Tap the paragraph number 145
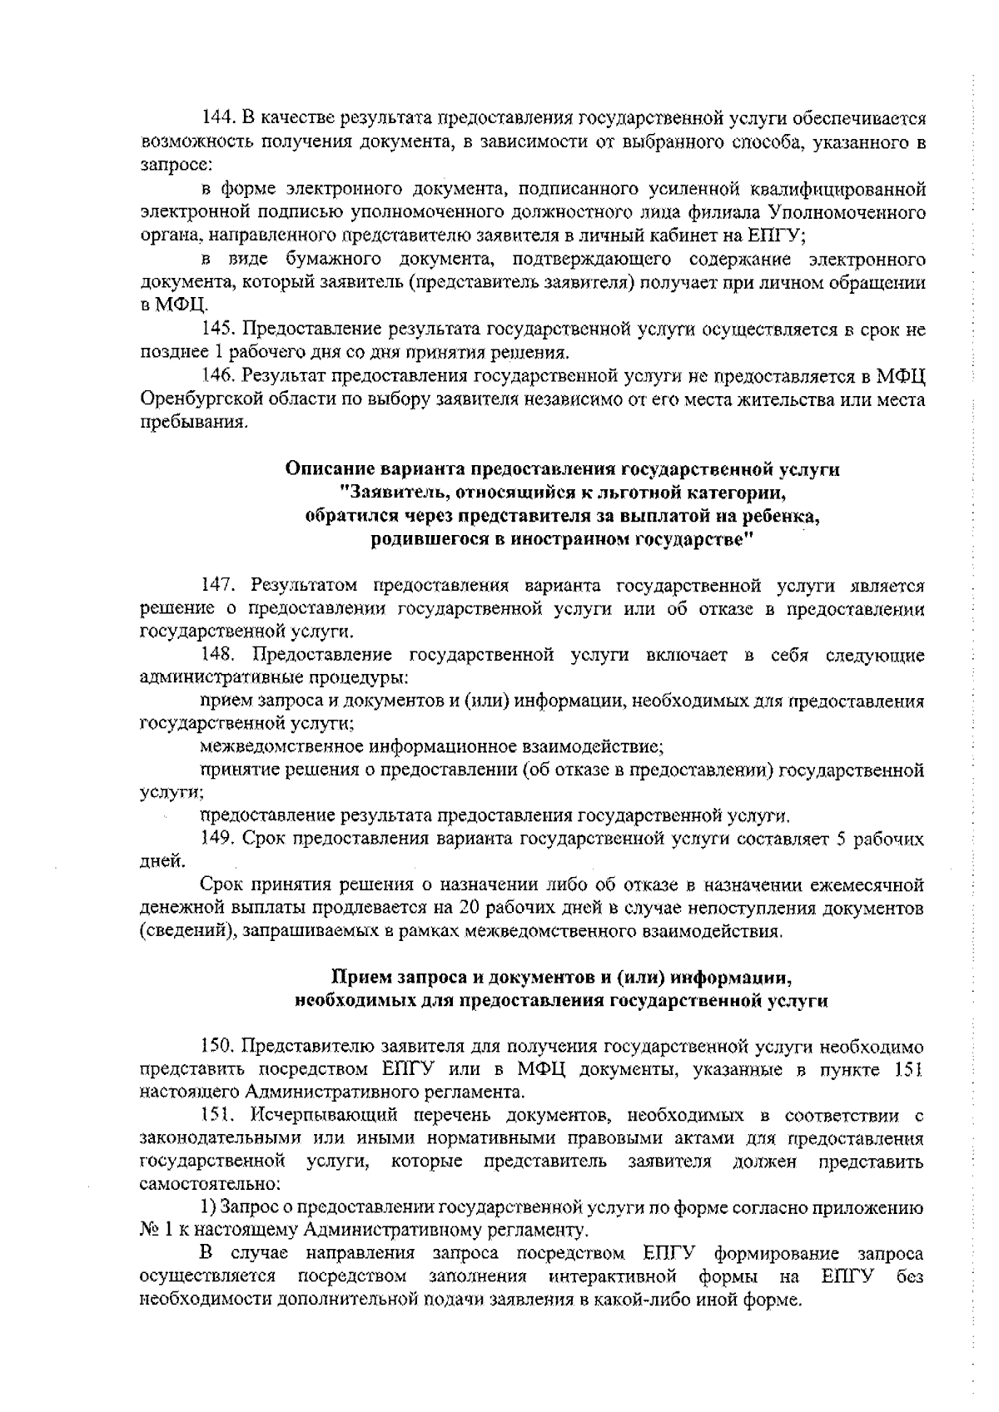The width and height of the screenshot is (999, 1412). click(x=219, y=329)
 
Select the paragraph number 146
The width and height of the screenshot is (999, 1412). click(x=219, y=376)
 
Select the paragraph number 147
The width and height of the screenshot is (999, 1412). click(x=219, y=587)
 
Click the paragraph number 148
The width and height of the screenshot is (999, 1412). click(x=219, y=656)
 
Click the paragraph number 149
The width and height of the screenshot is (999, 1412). click(x=219, y=840)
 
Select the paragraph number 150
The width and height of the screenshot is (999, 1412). click(x=219, y=1046)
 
